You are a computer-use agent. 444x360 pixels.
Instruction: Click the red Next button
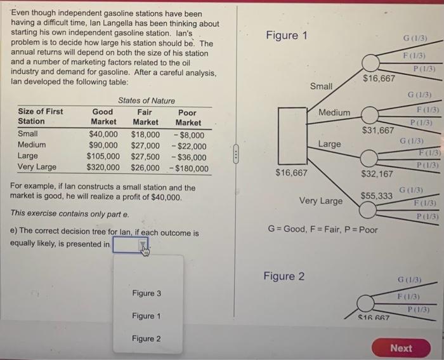(x=401, y=348)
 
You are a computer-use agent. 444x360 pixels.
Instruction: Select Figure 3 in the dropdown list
(x=147, y=293)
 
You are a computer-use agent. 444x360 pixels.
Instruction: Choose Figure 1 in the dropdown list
(x=147, y=316)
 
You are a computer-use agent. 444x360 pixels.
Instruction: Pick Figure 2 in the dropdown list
(x=147, y=338)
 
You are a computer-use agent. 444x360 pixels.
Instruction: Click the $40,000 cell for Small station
(x=103, y=134)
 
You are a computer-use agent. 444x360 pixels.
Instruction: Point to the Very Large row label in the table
(x=37, y=168)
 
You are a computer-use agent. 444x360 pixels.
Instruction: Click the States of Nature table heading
(x=147, y=100)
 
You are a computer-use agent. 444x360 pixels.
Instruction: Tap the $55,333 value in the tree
(x=376, y=197)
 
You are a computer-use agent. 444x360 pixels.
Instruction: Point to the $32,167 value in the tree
(x=377, y=173)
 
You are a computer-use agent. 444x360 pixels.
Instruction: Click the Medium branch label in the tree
(x=334, y=112)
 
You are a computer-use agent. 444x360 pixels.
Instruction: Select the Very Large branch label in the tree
(x=320, y=201)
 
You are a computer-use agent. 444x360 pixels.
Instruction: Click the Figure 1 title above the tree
(x=286, y=35)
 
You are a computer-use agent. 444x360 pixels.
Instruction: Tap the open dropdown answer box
(x=131, y=244)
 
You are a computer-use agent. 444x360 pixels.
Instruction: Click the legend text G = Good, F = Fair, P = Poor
(x=323, y=229)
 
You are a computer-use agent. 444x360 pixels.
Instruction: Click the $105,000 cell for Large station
(x=103, y=157)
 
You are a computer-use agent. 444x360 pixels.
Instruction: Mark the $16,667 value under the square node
(x=291, y=173)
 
